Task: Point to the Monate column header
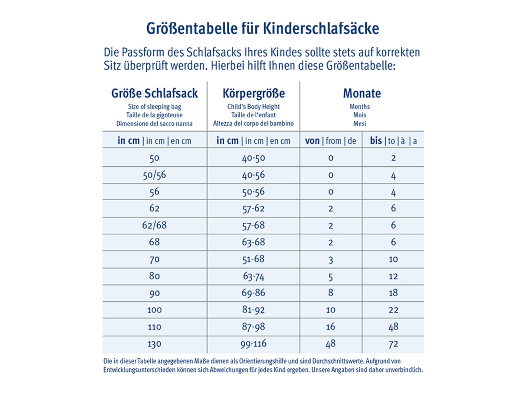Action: pos(362,94)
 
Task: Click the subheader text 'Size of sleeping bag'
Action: pos(154,107)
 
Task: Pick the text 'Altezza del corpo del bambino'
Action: pos(253,124)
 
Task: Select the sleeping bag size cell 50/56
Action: pos(154,175)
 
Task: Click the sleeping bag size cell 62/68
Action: pos(154,225)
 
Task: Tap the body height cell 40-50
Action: pos(253,158)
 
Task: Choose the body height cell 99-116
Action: pos(253,344)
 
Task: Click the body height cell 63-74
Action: pos(253,276)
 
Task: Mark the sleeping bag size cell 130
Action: pos(154,344)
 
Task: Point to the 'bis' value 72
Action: pos(393,344)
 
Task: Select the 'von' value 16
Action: pos(331,327)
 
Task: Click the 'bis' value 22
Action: pos(393,310)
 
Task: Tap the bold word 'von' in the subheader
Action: pos(313,141)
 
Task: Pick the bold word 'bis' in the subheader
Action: pos(376,141)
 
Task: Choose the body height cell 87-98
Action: pos(253,327)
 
